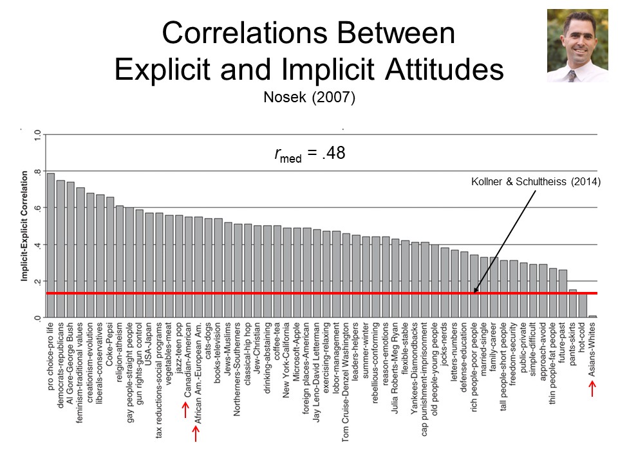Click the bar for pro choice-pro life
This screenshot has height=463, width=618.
click(x=51, y=245)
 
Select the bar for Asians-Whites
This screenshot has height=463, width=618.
click(x=592, y=316)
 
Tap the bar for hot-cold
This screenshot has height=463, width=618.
click(x=583, y=305)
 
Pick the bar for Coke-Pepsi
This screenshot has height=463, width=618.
click(x=110, y=257)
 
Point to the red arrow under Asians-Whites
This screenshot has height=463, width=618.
click(x=592, y=388)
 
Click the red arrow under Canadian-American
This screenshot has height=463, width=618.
click(x=184, y=410)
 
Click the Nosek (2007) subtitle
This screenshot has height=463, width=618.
click(x=309, y=98)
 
